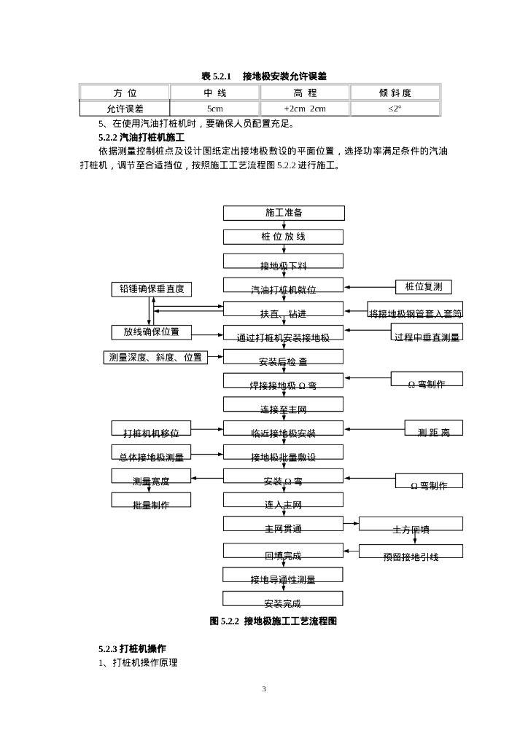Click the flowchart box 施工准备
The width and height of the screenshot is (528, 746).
coord(283,213)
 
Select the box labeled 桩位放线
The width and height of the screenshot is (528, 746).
coord(283,237)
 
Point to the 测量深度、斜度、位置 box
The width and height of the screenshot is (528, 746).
coord(155,357)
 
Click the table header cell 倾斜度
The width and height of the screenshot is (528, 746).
coord(395,93)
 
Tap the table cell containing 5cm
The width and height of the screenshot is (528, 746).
coord(214,109)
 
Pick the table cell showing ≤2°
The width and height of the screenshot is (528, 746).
coord(395,109)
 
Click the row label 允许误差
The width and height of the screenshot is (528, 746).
coord(125,109)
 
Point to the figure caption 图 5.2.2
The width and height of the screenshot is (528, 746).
coord(273,621)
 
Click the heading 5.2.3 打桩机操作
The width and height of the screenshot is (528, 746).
coord(133,648)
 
